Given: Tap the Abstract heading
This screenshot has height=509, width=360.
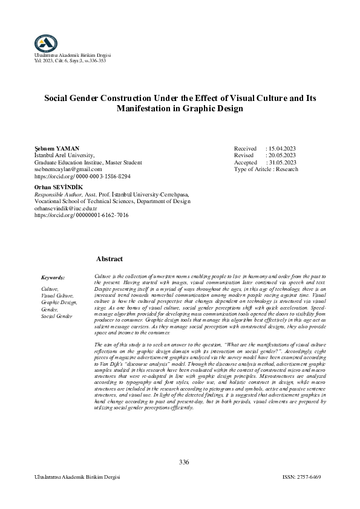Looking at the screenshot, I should pos(110,259).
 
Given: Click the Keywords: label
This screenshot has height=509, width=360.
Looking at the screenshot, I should pos(53,277).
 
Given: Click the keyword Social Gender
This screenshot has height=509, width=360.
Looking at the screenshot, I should pos(56,316).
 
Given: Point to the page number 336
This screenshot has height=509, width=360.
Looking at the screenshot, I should pos(184,462).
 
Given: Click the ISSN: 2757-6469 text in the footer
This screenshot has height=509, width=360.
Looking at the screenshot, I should pos(301,477).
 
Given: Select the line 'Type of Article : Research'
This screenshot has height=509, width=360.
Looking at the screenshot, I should pos(266,170).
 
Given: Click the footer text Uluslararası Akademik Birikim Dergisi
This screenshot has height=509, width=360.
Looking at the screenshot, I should pos(78,477).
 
